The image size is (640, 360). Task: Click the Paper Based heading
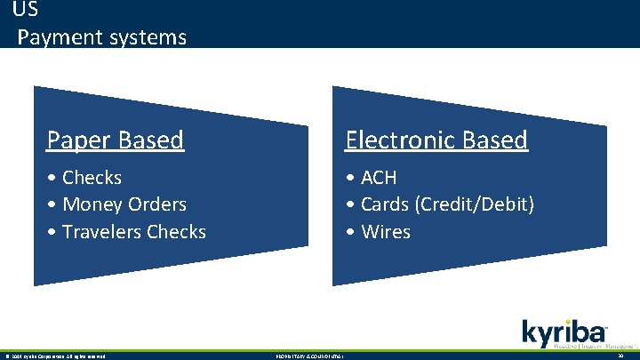pyautogui.click(x=115, y=140)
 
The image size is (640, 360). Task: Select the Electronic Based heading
pyautogui.click(x=436, y=140)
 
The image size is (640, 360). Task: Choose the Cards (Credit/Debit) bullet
pyautogui.click(x=441, y=204)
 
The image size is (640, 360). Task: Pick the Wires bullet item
pyautogui.click(x=379, y=232)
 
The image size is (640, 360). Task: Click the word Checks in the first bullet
pyautogui.click(x=92, y=178)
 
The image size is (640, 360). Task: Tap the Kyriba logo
pyautogui.click(x=564, y=333)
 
